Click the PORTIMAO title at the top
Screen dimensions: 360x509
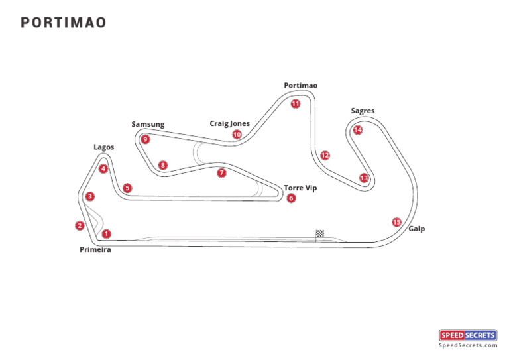(64, 23)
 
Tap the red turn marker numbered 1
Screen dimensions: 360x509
(106, 233)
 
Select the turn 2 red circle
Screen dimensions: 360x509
(80, 225)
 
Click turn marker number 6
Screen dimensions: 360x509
(291, 198)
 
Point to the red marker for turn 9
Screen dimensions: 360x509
(145, 139)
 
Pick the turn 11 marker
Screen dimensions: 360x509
(295, 103)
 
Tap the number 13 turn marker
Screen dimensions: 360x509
(364, 178)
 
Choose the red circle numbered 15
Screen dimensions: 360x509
(396, 222)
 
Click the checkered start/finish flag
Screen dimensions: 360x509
(319, 233)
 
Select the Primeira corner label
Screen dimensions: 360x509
(95, 250)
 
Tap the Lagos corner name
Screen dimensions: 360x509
(104, 147)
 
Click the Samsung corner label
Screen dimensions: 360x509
(148, 125)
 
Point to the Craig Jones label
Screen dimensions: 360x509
(230, 123)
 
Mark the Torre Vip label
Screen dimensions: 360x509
(300, 188)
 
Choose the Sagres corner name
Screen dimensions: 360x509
(363, 111)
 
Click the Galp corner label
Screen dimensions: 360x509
(417, 229)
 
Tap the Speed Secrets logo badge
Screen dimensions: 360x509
(468, 335)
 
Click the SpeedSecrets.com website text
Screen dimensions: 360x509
(468, 345)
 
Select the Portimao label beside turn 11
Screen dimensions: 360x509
(301, 86)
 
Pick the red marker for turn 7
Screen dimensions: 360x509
(221, 173)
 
